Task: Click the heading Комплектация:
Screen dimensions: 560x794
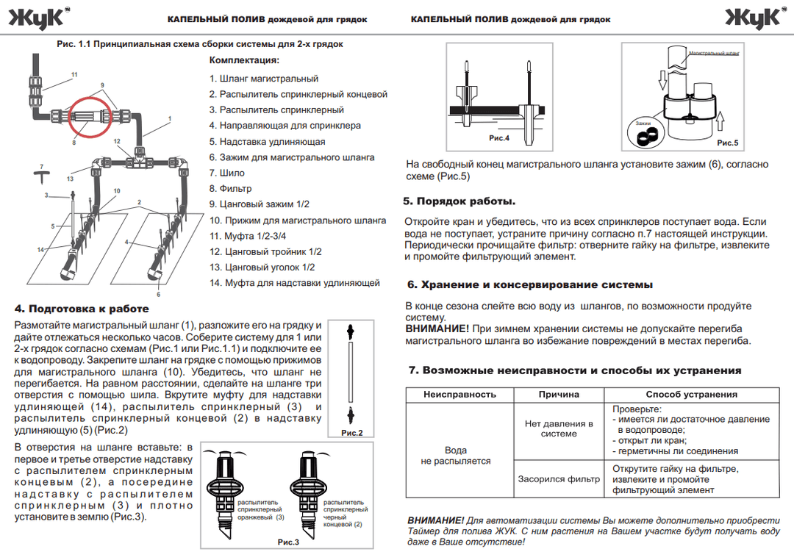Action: click(x=244, y=60)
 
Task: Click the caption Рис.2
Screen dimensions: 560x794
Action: click(x=352, y=433)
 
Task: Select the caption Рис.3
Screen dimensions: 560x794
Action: click(x=287, y=542)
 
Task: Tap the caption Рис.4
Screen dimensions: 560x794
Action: click(x=499, y=138)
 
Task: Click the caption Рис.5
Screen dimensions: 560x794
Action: click(x=727, y=143)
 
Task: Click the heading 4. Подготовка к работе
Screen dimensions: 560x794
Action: click(x=82, y=309)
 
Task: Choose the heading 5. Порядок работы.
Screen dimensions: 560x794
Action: click(x=459, y=201)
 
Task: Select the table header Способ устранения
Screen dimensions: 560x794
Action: click(x=691, y=395)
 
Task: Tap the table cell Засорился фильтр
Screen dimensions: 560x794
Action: click(x=559, y=479)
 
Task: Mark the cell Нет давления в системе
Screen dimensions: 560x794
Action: click(x=559, y=428)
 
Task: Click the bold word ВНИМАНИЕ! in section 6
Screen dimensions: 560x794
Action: click(x=437, y=329)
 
